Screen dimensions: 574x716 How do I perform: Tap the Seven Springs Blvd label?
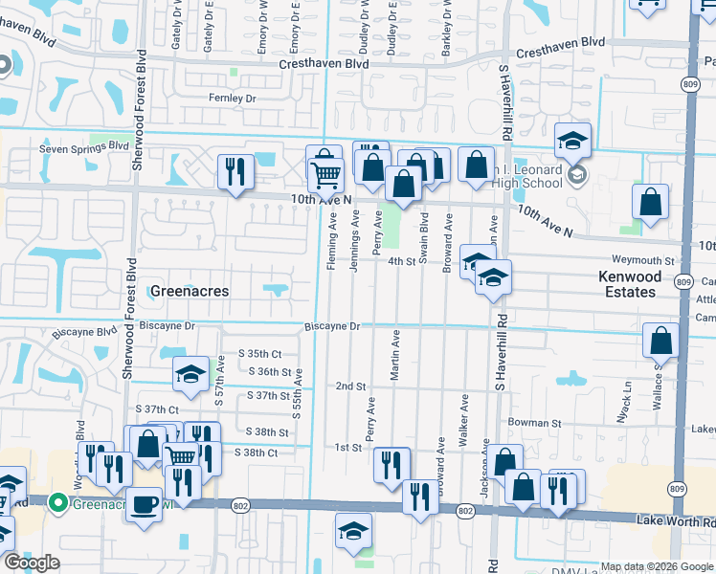coord(83,147)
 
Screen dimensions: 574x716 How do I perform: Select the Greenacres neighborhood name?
coord(190,290)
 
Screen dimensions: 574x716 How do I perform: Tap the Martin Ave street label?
coord(394,355)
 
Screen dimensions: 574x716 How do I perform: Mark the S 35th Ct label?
coord(263,354)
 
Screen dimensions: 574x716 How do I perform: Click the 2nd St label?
coord(351,386)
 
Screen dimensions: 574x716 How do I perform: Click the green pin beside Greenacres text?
coord(57,500)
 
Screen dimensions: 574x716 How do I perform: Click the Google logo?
coord(33,562)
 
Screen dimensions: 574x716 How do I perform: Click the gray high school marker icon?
coord(576,175)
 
